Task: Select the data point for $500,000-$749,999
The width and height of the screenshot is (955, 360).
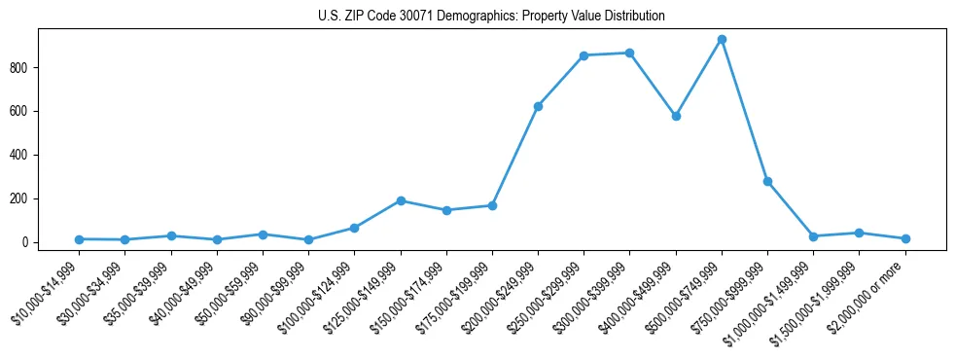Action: (722, 40)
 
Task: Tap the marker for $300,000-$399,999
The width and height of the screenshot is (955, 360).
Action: (629, 53)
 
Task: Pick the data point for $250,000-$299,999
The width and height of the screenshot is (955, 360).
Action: (584, 55)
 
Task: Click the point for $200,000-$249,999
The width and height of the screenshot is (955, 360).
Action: (538, 106)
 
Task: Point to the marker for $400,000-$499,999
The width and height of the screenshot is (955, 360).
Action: (676, 116)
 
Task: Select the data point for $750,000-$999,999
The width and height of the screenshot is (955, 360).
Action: (767, 181)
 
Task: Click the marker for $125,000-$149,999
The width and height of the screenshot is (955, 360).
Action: (400, 200)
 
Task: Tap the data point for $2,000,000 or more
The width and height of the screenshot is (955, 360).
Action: (905, 238)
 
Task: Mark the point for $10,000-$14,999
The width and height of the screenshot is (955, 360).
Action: (79, 239)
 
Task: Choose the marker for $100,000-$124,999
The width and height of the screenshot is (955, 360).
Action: (354, 228)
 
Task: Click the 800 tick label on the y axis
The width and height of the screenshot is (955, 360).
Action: (23, 67)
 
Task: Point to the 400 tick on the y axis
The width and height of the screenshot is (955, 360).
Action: (23, 155)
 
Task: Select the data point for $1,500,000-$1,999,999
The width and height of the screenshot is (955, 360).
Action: (859, 233)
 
